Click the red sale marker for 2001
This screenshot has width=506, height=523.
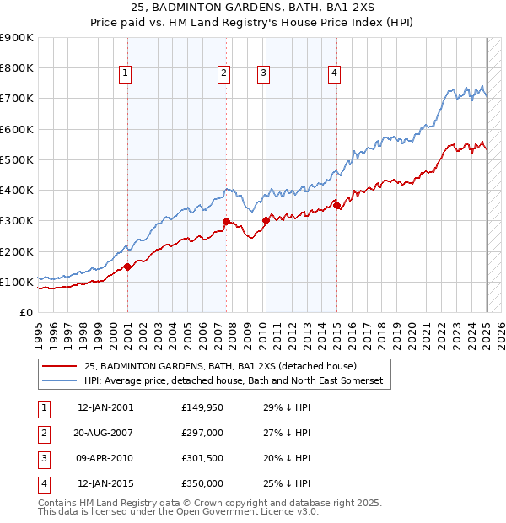(127, 267)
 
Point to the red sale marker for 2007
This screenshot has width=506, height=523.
(226, 222)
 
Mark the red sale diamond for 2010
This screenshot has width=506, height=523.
(266, 220)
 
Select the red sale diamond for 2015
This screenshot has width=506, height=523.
(336, 205)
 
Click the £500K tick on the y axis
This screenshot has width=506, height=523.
(17, 159)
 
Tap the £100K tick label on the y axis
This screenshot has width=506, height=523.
(17, 282)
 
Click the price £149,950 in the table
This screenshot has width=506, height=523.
(202, 407)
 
